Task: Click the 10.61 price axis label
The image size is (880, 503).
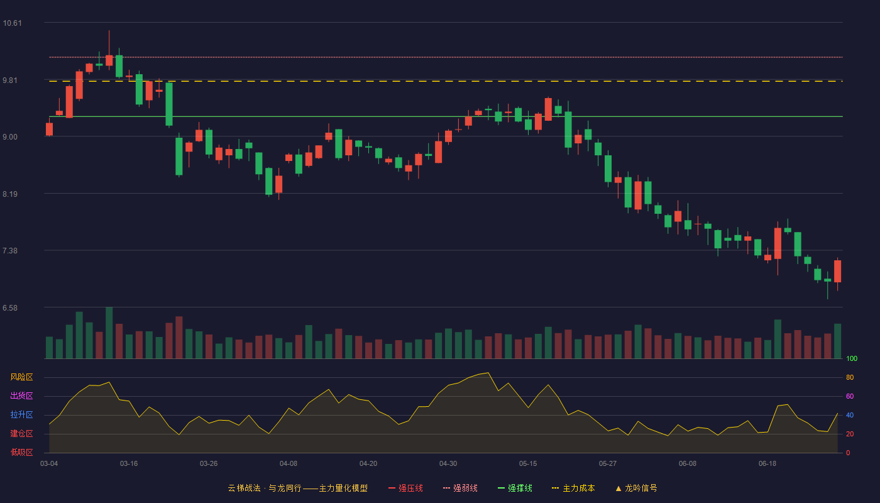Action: (x=12, y=23)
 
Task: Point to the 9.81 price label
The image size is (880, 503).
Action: (x=10, y=80)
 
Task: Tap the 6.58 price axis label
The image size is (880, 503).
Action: (x=10, y=308)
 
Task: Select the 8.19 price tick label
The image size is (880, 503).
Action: (x=10, y=194)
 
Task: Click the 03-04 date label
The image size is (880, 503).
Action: (x=49, y=464)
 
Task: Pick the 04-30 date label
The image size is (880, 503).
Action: (x=448, y=464)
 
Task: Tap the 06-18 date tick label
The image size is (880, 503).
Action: (x=767, y=464)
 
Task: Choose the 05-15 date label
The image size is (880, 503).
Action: (x=528, y=464)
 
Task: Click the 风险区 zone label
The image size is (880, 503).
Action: (x=21, y=377)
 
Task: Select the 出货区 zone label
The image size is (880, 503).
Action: (x=21, y=395)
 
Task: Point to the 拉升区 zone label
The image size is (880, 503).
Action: (x=21, y=414)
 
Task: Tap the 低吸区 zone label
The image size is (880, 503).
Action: (x=21, y=452)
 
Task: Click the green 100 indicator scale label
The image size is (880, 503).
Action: (x=852, y=358)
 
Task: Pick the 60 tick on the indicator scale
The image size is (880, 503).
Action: (x=850, y=396)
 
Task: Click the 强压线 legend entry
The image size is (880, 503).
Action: (x=406, y=488)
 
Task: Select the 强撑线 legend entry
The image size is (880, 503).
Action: (x=515, y=488)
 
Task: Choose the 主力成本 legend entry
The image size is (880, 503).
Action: (x=573, y=488)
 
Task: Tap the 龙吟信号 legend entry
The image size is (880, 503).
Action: (x=636, y=488)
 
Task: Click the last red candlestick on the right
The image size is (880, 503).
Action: (x=837, y=271)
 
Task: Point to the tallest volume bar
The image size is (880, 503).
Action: (x=109, y=333)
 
